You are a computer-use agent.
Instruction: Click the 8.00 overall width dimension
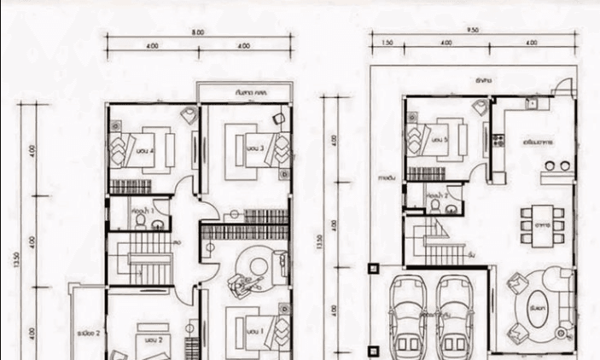coord(198,32)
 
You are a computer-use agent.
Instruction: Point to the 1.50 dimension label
coord(387,42)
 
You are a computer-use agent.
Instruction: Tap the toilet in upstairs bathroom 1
coord(140,221)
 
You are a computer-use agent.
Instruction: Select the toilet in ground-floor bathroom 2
coord(434,206)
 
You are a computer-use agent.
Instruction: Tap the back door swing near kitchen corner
coord(560,88)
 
